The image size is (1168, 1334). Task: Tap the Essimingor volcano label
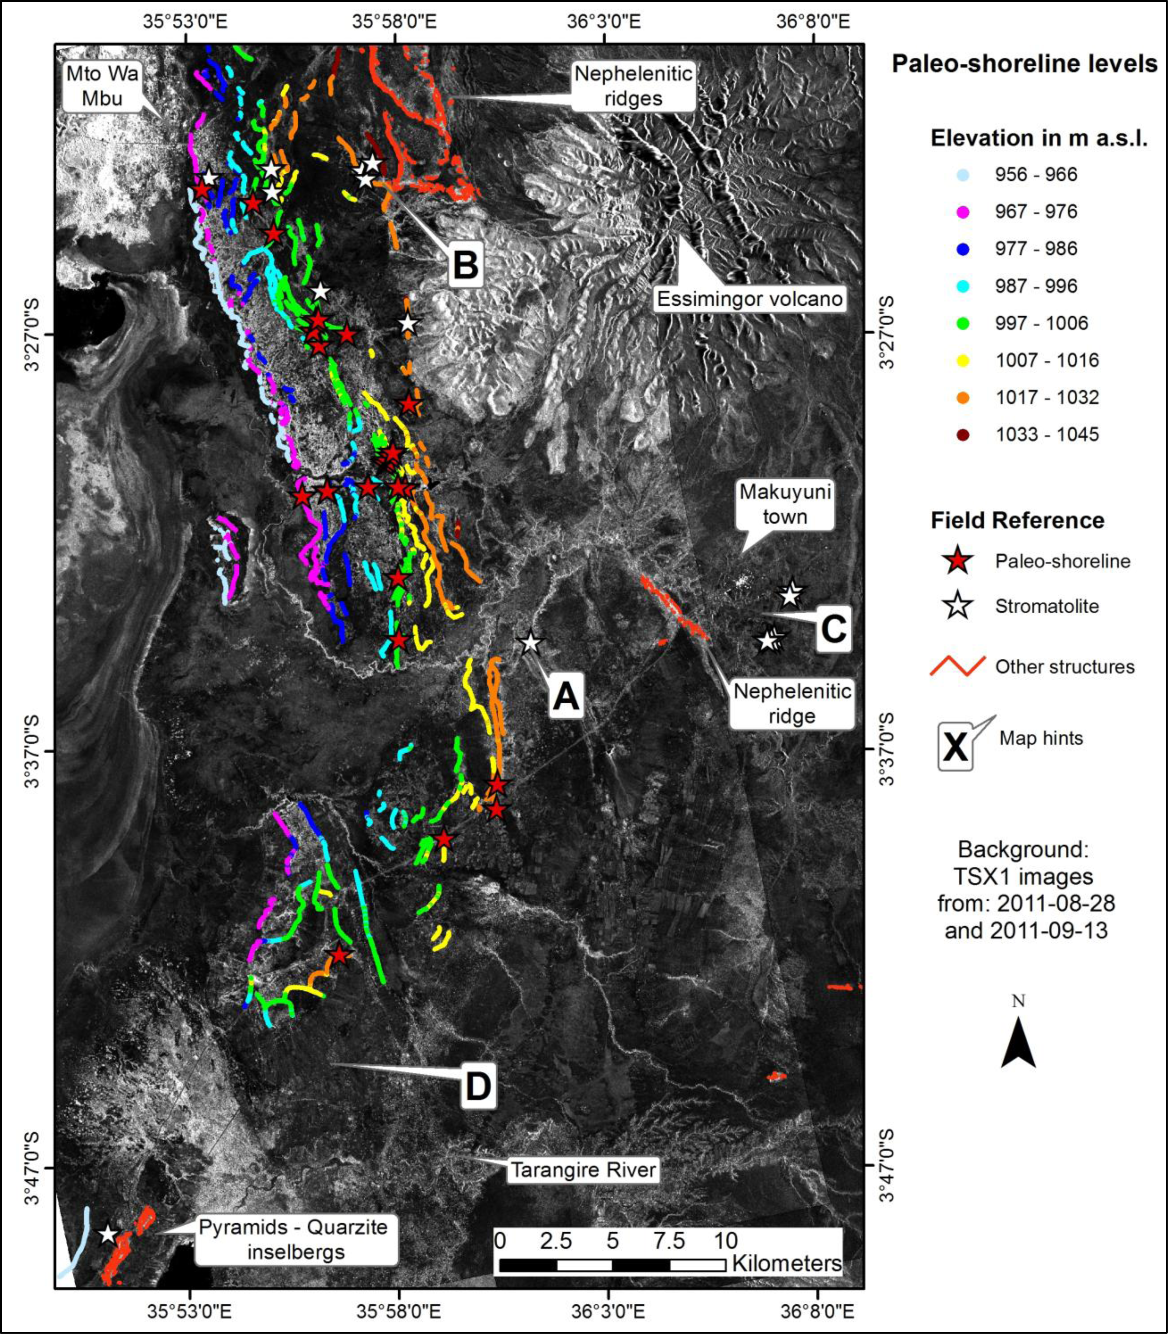click(749, 299)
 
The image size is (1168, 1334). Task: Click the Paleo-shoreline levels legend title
click(1024, 64)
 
